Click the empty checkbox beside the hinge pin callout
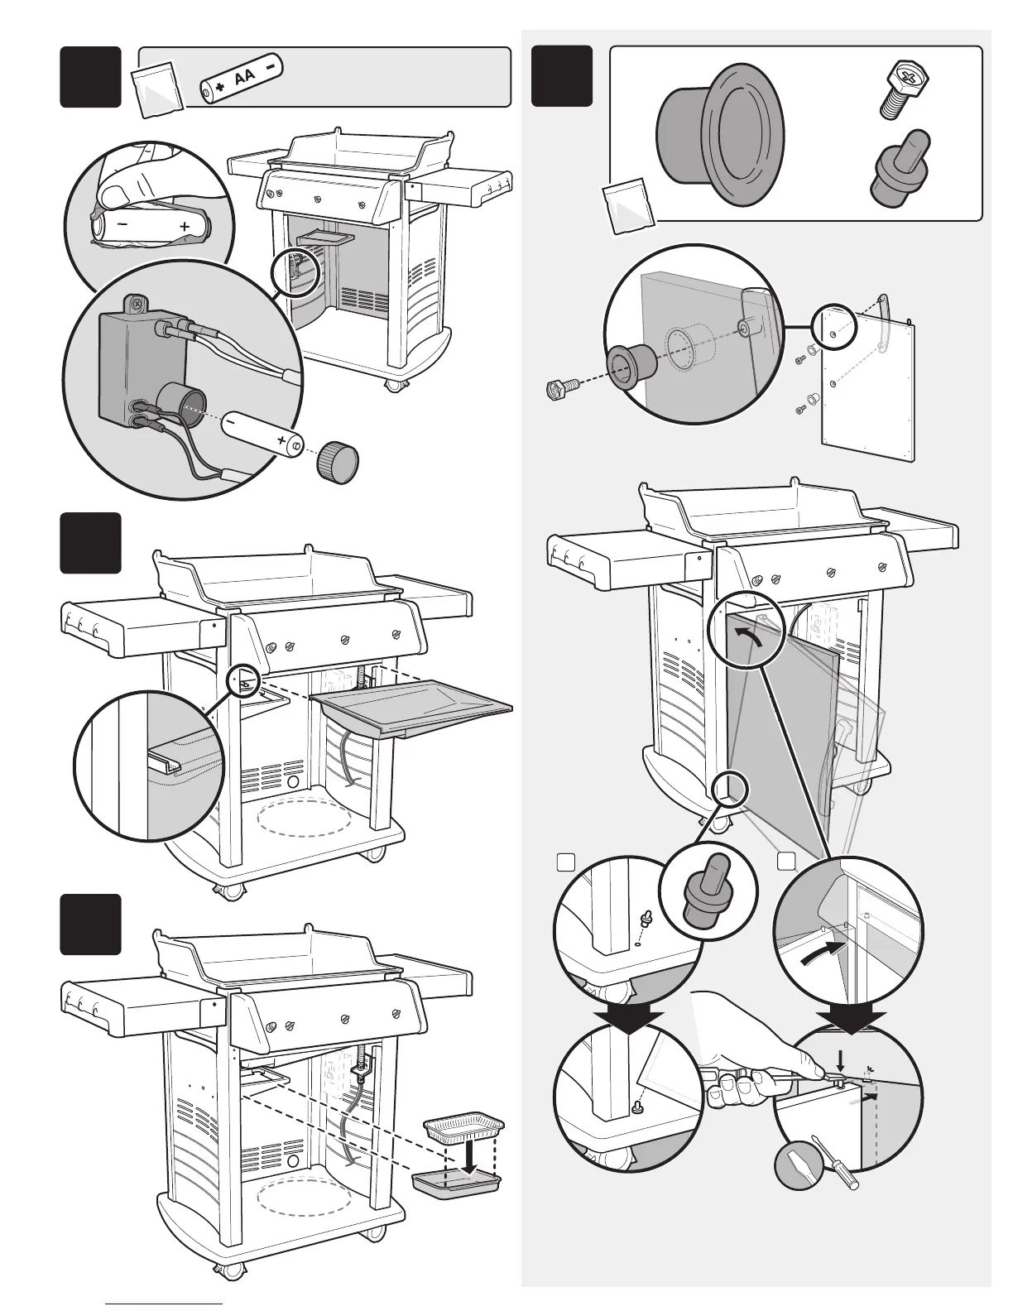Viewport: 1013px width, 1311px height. point(565,862)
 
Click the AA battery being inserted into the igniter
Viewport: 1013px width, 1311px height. point(259,434)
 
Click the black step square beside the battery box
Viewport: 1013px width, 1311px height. point(90,77)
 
